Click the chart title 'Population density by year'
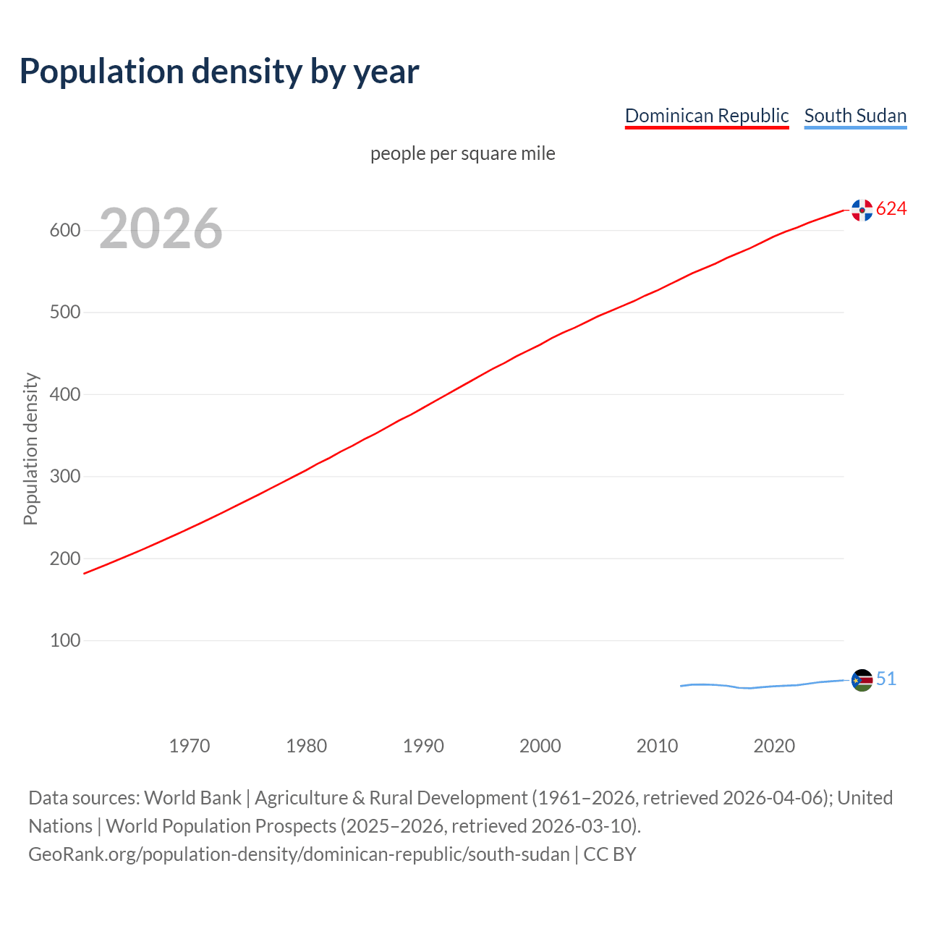(219, 72)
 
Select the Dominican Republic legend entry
(706, 116)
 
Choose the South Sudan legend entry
(855, 116)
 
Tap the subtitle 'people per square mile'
(462, 153)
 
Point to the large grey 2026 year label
(161, 229)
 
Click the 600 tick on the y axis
(64, 230)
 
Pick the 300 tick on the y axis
(64, 476)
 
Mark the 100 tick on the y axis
(64, 640)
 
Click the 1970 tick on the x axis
(190, 745)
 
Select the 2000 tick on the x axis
(540, 745)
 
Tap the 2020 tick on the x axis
(774, 745)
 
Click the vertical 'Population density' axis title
(30, 449)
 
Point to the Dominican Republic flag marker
(862, 210)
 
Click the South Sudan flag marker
(862, 680)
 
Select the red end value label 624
(891, 208)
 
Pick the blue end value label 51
(886, 679)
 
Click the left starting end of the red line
(85, 573)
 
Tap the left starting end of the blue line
(681, 686)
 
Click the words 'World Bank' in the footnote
(192, 798)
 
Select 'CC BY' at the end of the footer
(609, 854)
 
